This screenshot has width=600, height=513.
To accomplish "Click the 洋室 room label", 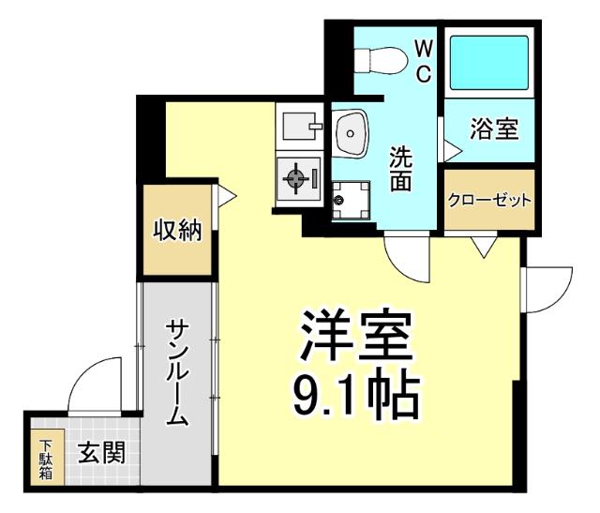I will click(357, 338).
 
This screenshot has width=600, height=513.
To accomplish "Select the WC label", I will click(422, 62).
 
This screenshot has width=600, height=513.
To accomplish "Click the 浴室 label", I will click(494, 129).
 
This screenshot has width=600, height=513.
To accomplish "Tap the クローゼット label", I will click(489, 200).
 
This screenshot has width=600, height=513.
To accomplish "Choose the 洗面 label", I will click(402, 169).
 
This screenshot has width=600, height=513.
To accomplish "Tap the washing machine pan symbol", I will click(349, 197).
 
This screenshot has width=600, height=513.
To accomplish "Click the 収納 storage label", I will click(178, 230).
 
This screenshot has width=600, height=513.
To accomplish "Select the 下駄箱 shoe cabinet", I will click(45, 458).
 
